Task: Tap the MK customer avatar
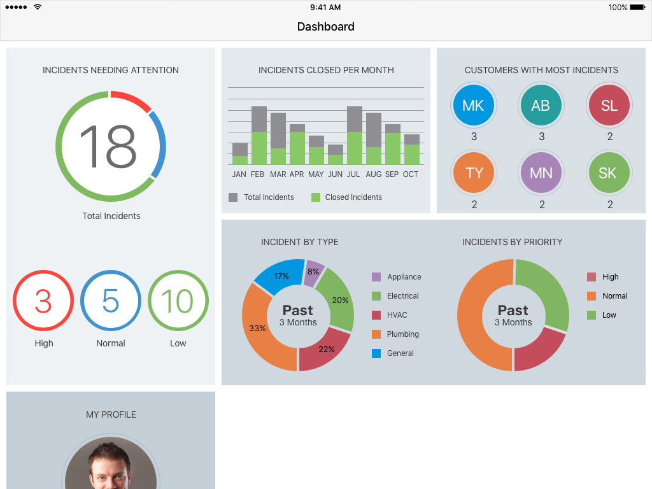pos(473,106)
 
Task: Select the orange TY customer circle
pos(474,173)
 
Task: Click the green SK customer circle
pos(609,173)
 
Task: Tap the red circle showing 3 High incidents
pos(43,301)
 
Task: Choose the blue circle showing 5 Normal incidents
pos(111,301)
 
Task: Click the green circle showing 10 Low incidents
pos(178,301)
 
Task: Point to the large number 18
pos(108,146)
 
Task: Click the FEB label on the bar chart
pos(257,174)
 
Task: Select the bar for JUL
pos(355,136)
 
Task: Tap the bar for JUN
pos(336,155)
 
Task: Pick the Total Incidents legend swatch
pos(233,197)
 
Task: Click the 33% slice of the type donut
pos(261,331)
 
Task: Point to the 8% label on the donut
pos(313,271)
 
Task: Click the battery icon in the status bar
pos(637,8)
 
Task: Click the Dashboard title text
pos(326,27)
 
